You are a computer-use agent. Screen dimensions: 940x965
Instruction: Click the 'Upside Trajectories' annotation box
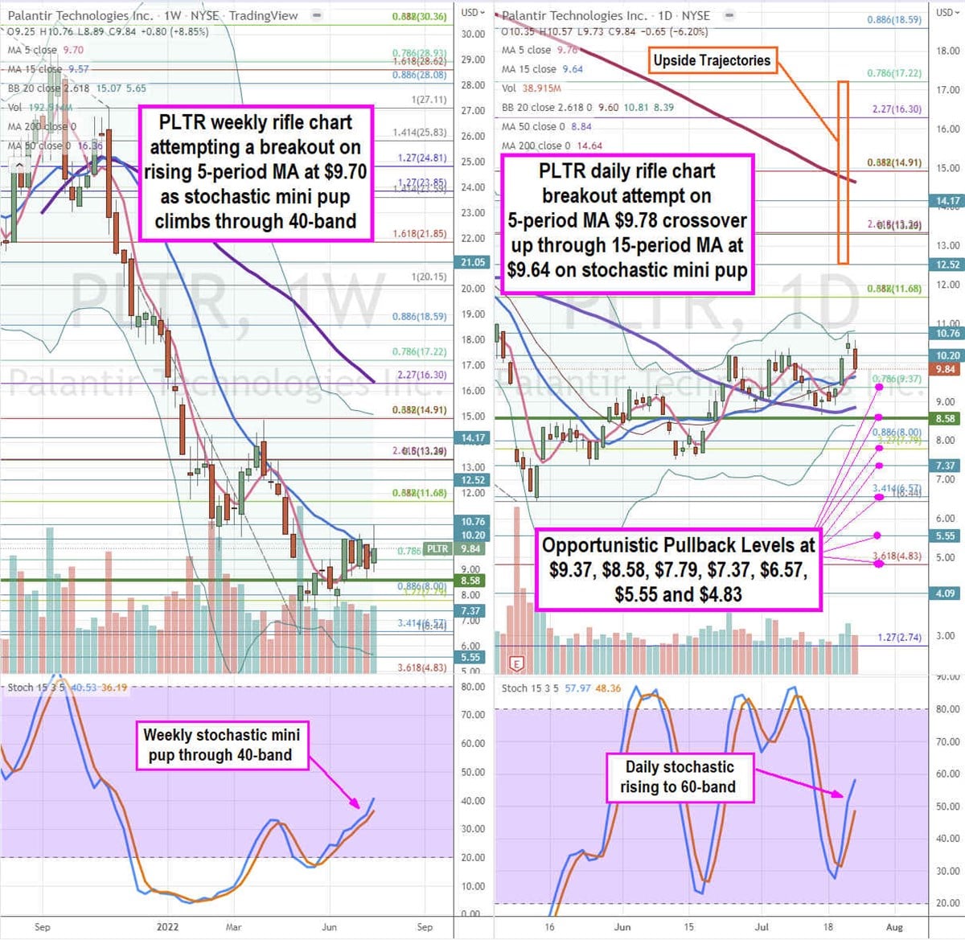(712, 60)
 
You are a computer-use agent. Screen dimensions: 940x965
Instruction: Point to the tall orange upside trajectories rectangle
(843, 172)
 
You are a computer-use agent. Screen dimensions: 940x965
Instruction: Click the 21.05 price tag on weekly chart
(473, 262)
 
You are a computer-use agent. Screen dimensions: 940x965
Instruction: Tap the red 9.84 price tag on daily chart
(946, 369)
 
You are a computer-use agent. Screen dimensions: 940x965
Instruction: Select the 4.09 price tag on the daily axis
(946, 593)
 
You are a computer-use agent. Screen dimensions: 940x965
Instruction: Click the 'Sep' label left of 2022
(43, 927)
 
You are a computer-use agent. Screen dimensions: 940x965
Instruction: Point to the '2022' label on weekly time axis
(167, 927)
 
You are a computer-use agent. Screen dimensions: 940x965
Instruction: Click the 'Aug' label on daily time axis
(894, 927)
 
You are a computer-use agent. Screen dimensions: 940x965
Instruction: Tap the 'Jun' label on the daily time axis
(622, 927)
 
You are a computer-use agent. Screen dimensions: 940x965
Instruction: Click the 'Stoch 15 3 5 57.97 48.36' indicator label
(561, 688)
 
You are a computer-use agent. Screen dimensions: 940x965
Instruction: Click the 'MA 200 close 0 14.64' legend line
(552, 146)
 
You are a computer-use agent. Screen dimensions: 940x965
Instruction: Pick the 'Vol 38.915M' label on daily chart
(531, 88)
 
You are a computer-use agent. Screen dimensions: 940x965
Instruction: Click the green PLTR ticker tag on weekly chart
(437, 549)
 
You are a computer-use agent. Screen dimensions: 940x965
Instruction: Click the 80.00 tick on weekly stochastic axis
(473, 687)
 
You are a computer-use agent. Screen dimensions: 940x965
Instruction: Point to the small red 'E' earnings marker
(517, 663)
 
